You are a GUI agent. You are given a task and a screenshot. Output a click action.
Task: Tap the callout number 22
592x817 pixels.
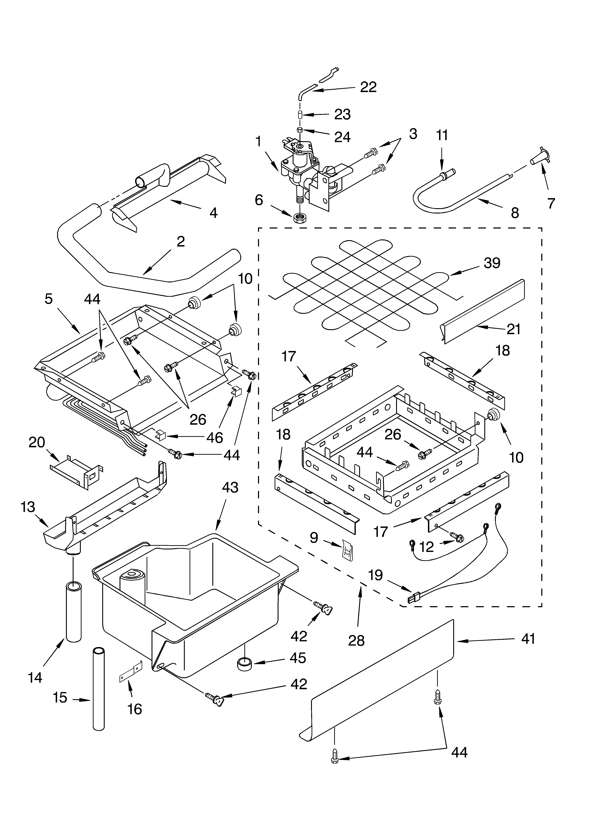coord(368,87)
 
